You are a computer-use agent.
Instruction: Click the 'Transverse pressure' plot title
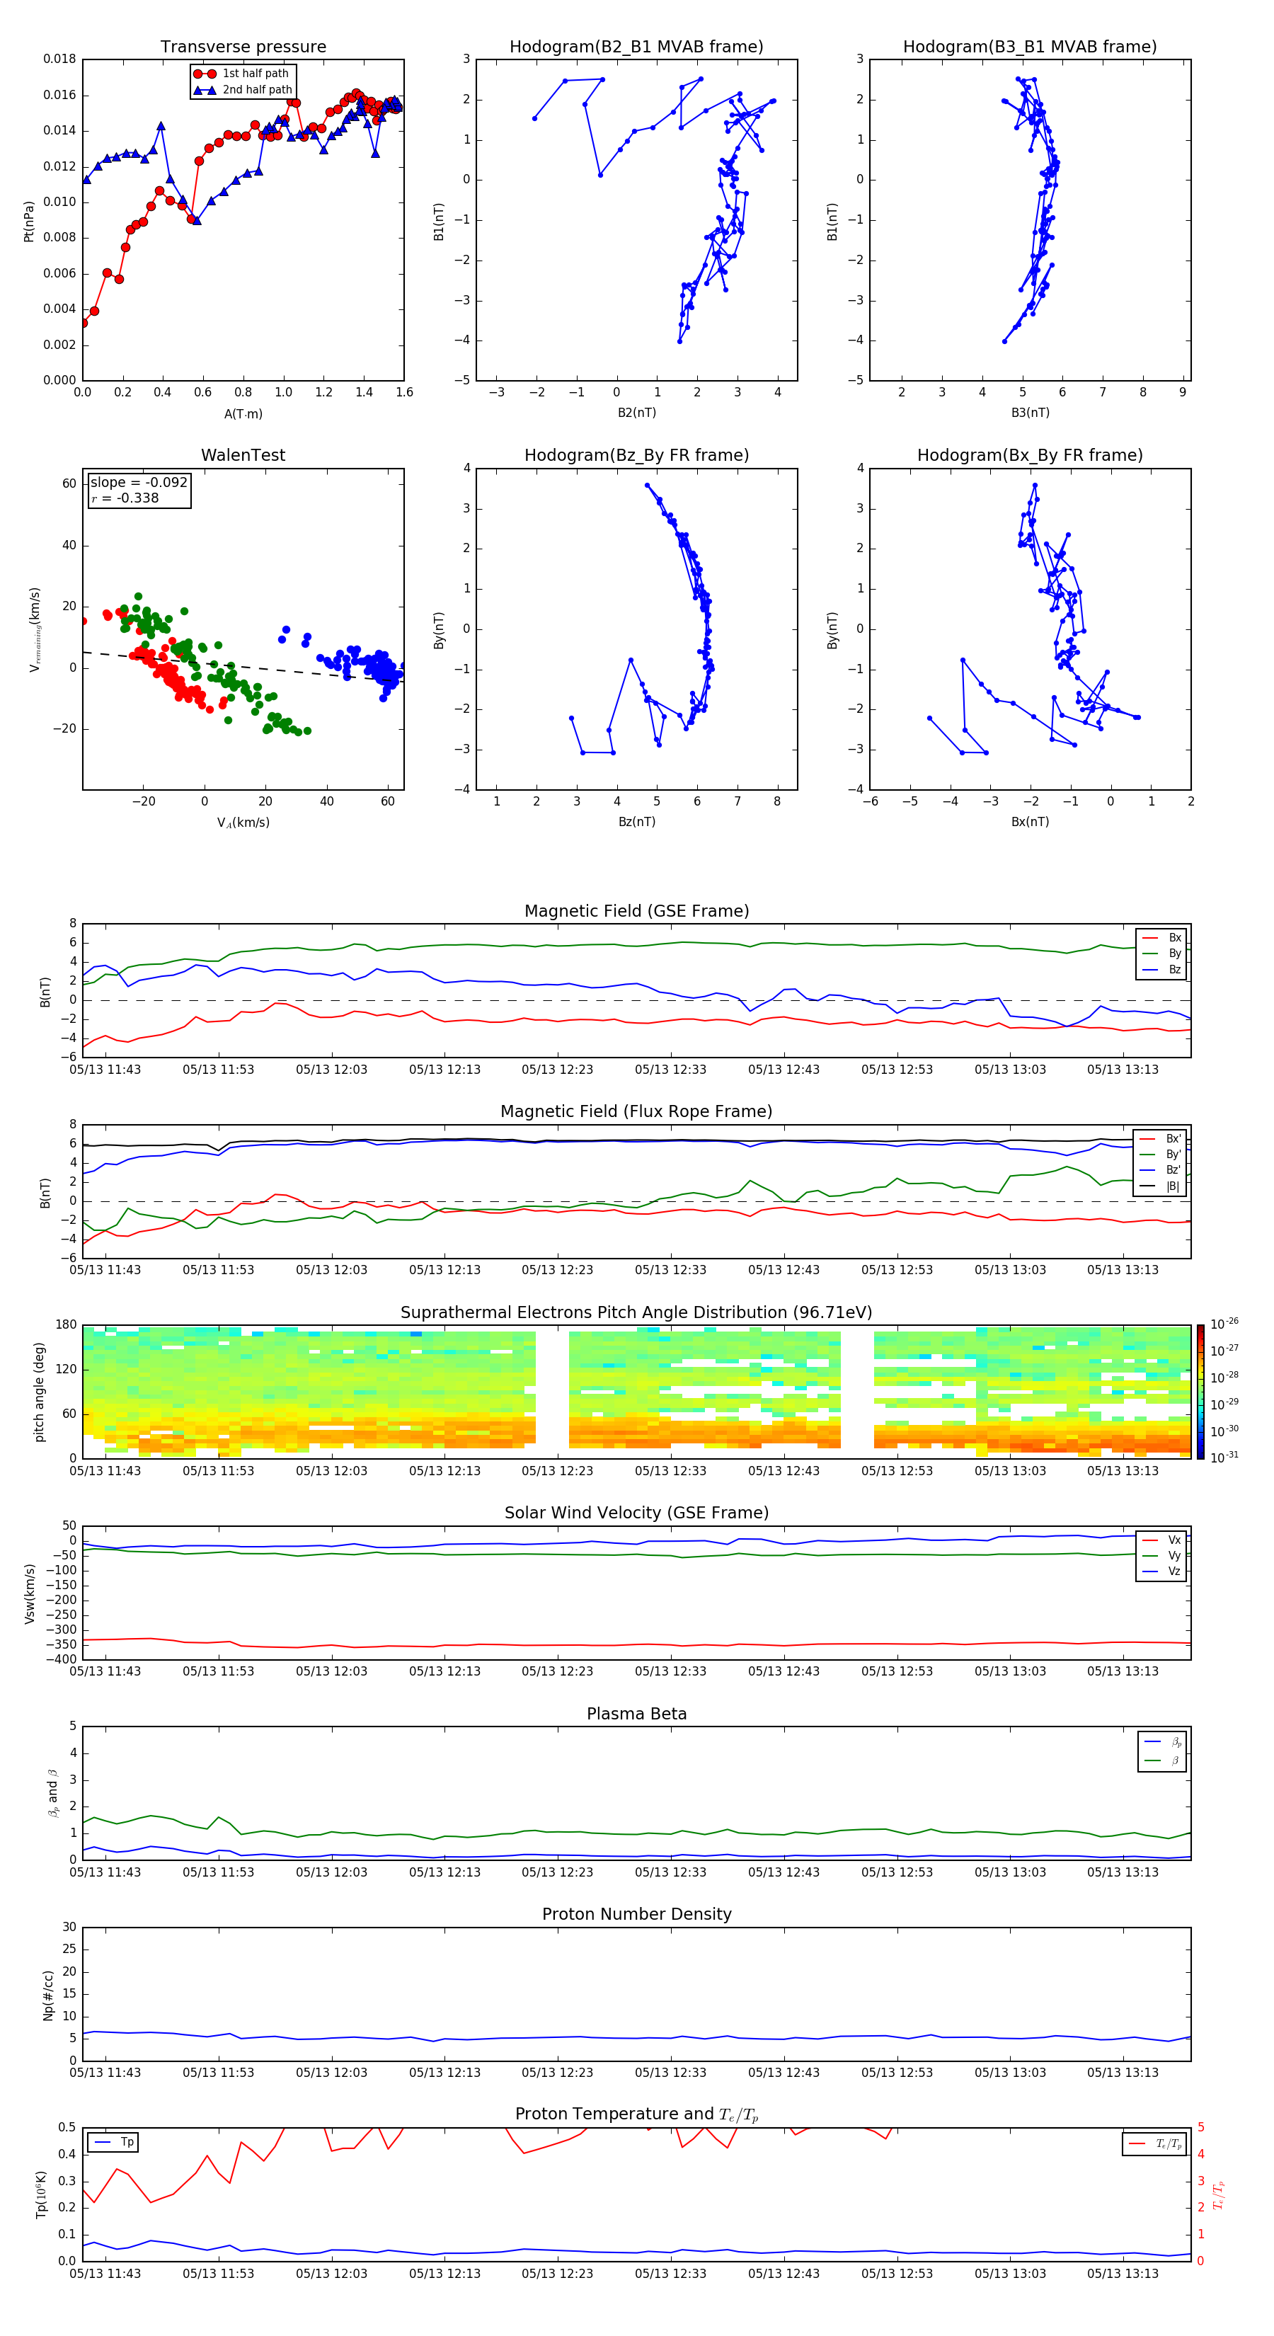pyautogui.click(x=243, y=47)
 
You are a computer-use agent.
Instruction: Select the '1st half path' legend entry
pyautogui.click(x=255, y=74)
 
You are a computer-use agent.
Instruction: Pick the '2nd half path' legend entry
pyautogui.click(x=257, y=90)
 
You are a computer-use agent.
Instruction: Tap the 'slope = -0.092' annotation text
pyautogui.click(x=139, y=483)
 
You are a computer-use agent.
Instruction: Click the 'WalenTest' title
pyautogui.click(x=243, y=455)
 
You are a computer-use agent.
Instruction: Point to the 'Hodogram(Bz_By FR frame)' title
pyautogui.click(x=636, y=455)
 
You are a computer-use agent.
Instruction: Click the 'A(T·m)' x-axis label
pyautogui.click(x=243, y=414)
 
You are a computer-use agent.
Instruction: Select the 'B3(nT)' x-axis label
pyautogui.click(x=1030, y=413)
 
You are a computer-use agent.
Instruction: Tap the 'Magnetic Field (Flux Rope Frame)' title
pyautogui.click(x=636, y=1112)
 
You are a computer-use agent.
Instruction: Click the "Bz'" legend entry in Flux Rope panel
pyautogui.click(x=1173, y=1170)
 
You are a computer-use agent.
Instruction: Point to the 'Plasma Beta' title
pyautogui.click(x=636, y=1714)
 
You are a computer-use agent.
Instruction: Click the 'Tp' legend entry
pyautogui.click(x=126, y=2142)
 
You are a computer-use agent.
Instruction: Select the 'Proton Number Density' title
pyautogui.click(x=636, y=1914)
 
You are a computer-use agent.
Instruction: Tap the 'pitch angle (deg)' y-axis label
pyautogui.click(x=39, y=1391)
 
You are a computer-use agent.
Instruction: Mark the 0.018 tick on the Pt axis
pyautogui.click(x=60, y=60)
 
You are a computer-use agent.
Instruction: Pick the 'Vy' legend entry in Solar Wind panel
pyautogui.click(x=1173, y=1555)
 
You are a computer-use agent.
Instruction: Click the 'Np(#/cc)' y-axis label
pyautogui.click(x=48, y=1994)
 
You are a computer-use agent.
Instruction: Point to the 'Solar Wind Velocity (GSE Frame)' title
pyautogui.click(x=636, y=1513)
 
